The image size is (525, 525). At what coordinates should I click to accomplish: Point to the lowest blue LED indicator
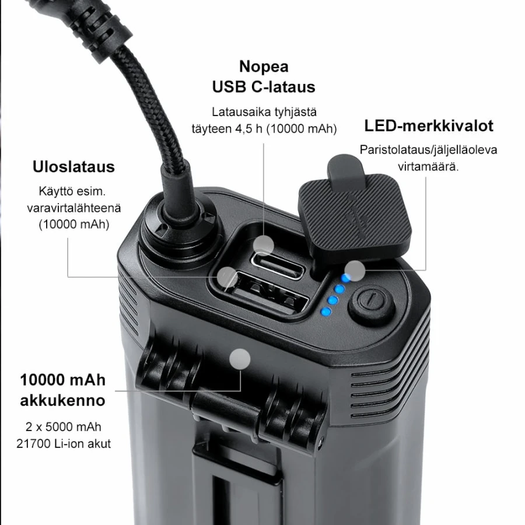pos(325,312)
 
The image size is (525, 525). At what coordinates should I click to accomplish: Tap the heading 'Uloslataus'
pos(73,167)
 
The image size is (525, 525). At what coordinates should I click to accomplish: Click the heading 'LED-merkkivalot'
pos(429,126)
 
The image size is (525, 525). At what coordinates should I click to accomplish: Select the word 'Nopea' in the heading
pos(264,66)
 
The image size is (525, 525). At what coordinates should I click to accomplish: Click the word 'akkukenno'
pos(62,400)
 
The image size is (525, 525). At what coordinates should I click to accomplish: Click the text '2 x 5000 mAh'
pos(63,427)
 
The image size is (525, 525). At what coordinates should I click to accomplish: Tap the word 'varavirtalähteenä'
pos(73,208)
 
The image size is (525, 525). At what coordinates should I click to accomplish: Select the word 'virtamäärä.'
pos(428,166)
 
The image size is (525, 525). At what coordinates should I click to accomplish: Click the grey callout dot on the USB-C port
pos(264,246)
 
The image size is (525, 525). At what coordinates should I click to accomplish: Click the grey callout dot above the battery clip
pos(240,359)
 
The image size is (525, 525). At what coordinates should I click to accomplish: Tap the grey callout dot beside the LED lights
pos(355,271)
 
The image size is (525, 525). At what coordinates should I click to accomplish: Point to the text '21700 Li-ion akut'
pos(64,444)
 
